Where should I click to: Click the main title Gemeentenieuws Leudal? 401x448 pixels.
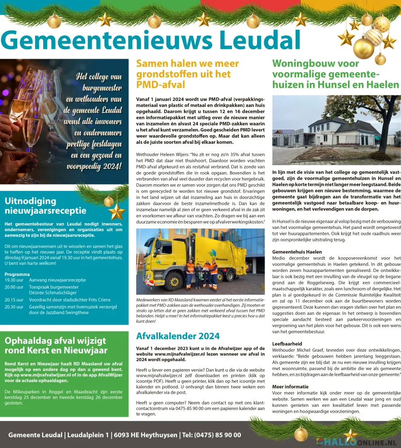pyautogui.click(x=153, y=40)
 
